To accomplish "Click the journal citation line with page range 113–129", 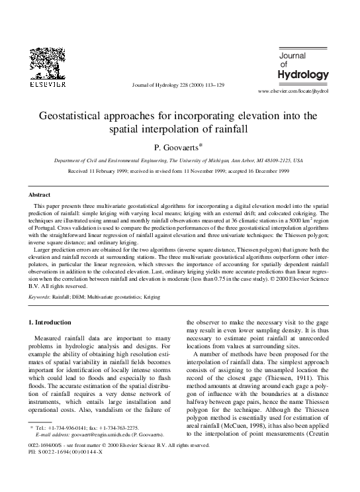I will pos(179,85).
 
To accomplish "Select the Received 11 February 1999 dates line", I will pos(179,171).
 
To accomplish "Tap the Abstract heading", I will pos(39,195).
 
